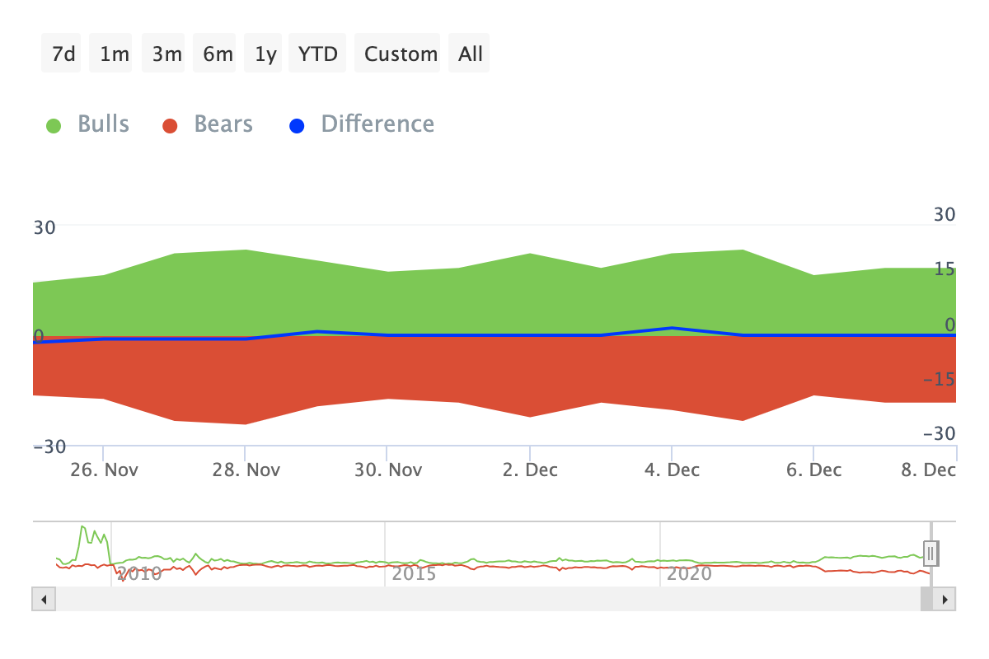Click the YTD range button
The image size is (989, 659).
317,54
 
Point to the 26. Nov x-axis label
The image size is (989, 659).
103,470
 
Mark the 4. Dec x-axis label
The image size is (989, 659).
672,470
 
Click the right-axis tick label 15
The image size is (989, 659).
944,269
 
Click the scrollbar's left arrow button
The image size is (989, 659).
44,599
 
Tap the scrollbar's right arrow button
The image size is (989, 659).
944,599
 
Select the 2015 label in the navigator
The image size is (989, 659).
414,573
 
